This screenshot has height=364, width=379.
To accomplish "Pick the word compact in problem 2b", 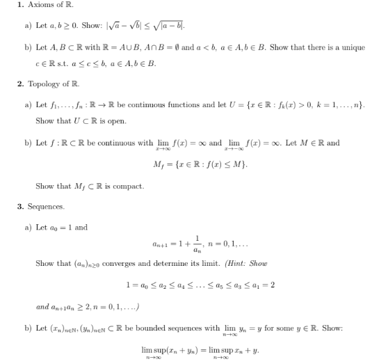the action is point(129,186).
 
